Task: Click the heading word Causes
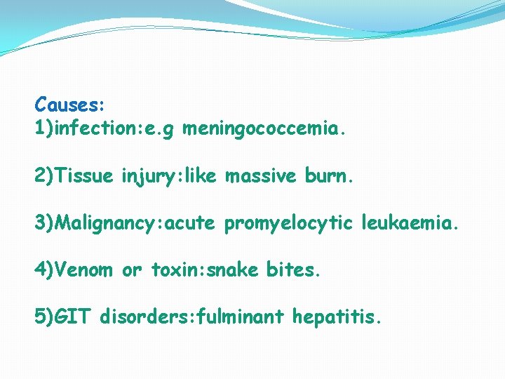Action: point(67,105)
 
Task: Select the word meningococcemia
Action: point(262,129)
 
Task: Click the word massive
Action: point(260,176)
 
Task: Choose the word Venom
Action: point(83,270)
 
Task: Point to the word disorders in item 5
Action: point(142,317)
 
